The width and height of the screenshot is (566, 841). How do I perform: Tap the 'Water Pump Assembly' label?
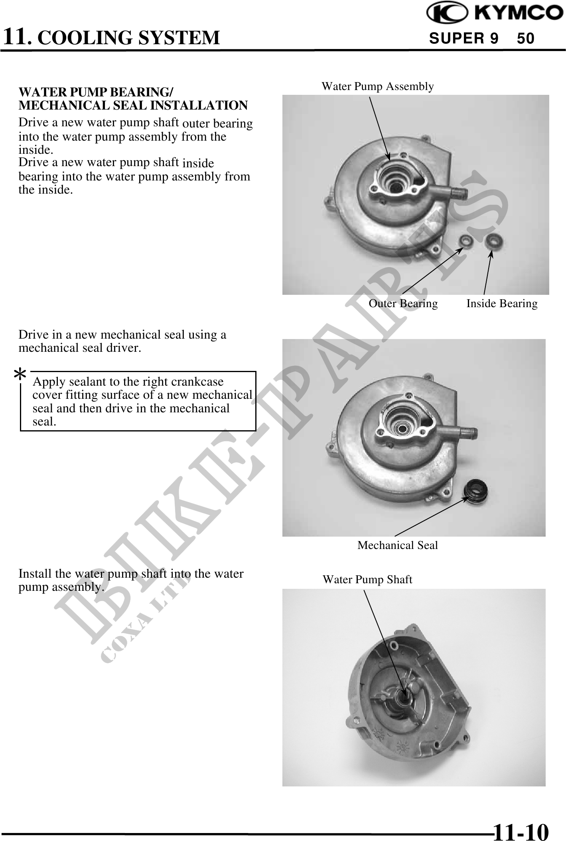378,86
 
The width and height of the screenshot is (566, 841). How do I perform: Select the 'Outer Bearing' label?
403,304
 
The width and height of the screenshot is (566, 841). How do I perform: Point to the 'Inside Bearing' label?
502,304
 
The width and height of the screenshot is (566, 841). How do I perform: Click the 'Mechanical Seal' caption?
398,545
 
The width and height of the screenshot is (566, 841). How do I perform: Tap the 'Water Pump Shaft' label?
367,580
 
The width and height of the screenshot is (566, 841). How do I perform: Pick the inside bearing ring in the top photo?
493,241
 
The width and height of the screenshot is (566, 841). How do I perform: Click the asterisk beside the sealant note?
20,375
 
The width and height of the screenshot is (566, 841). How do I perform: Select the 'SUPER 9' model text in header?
463,39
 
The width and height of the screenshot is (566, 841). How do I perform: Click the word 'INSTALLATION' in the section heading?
198,106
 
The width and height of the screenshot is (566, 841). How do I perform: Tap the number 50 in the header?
526,39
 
